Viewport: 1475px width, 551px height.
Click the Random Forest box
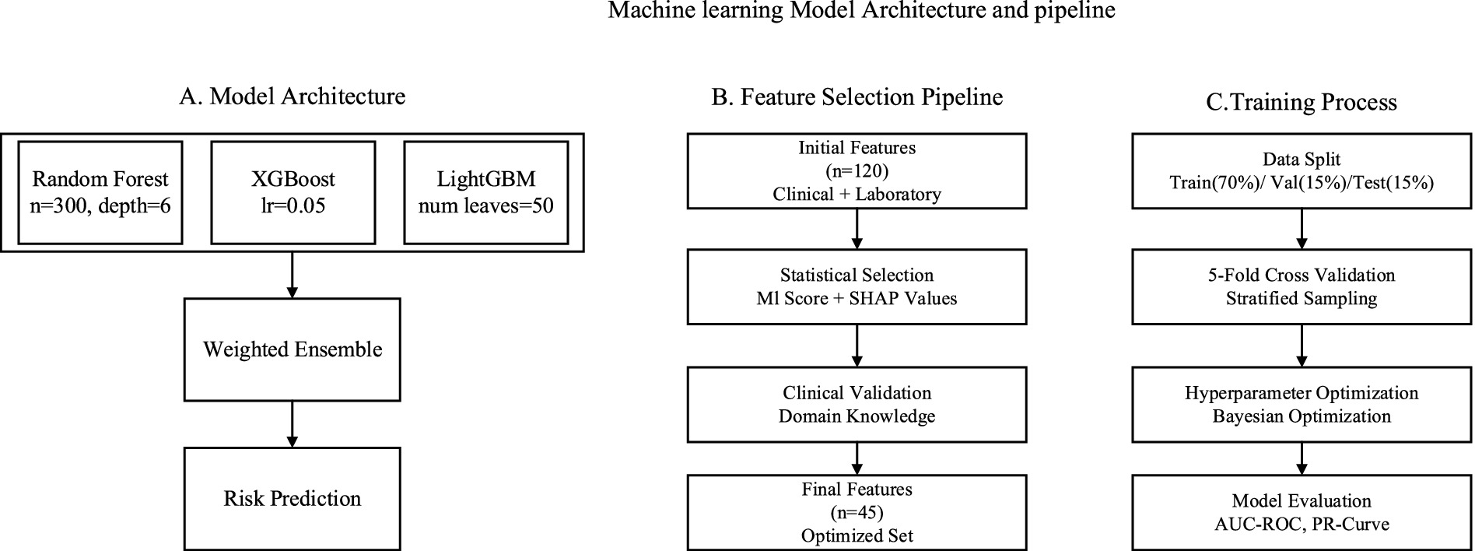[100, 192]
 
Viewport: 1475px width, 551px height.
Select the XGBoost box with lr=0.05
[293, 192]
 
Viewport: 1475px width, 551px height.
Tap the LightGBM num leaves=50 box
[485, 192]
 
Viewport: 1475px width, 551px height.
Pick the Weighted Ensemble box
[293, 349]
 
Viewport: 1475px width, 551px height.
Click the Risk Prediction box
[293, 499]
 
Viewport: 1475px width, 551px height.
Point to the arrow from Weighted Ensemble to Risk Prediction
[293, 424]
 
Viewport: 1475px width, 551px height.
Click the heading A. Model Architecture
[292, 97]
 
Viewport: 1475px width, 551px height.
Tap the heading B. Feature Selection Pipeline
[857, 97]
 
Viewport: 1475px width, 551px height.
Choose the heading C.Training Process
[1301, 102]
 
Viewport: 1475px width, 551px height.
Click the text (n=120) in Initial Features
[857, 170]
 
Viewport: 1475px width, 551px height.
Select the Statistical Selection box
[857, 286]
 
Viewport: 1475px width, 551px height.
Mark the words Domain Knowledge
[857, 416]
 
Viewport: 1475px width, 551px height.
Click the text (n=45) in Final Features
[857, 512]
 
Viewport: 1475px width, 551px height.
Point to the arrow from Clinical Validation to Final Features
[857, 458]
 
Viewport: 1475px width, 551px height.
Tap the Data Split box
[1302, 170]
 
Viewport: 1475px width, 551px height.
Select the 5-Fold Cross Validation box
[1302, 286]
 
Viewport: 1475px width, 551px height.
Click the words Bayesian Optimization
[1302, 416]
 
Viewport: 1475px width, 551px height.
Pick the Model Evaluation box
[1302, 512]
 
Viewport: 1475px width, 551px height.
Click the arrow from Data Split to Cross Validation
[1302, 229]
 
